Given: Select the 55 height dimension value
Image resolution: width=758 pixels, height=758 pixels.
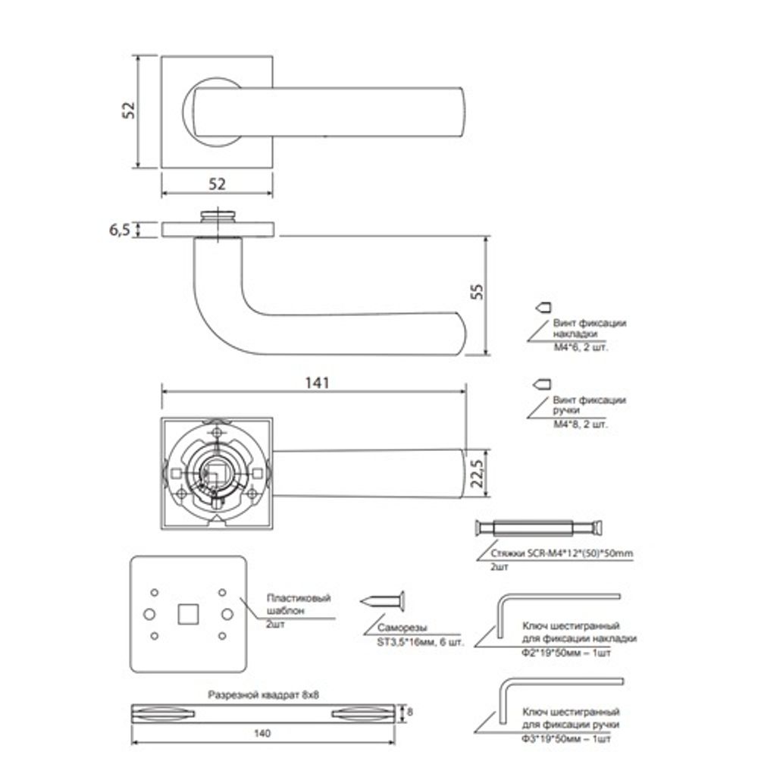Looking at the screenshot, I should pyautogui.click(x=477, y=293).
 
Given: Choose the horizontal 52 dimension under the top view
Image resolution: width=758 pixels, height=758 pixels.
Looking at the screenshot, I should pyautogui.click(x=217, y=183).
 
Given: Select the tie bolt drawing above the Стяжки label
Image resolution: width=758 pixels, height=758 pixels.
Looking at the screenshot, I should pyautogui.click(x=540, y=528).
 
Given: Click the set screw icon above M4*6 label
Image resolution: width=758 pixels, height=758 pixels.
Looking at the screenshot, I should pyautogui.click(x=543, y=309).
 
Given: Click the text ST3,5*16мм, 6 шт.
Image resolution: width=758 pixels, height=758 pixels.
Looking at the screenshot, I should pyautogui.click(x=420, y=642).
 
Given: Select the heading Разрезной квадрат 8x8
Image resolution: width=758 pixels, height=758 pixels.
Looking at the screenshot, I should pyautogui.click(x=264, y=694).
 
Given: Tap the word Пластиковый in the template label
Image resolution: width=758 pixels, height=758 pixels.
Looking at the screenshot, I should pyautogui.click(x=299, y=598).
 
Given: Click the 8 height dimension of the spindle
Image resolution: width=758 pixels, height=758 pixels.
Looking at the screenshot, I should pyautogui.click(x=410, y=712).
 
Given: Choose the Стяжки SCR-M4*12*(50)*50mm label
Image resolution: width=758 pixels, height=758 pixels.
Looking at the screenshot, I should pyautogui.click(x=555, y=554).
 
